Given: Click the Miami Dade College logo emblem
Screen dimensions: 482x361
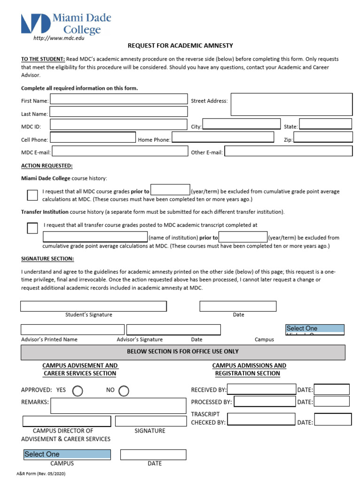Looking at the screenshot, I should click(x=35, y=24).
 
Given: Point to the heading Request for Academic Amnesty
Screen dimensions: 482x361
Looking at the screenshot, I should click(x=180, y=46).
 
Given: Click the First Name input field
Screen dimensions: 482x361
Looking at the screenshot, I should click(x=118, y=100).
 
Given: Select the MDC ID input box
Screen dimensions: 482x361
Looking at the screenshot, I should click(x=118, y=125).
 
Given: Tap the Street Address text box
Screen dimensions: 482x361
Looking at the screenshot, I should click(x=291, y=104).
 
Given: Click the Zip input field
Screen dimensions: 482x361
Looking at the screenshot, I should click(x=323, y=137).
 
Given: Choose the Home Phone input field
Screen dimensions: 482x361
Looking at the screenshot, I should click(x=223, y=137).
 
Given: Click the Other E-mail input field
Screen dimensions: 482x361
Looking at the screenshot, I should click(x=288, y=151).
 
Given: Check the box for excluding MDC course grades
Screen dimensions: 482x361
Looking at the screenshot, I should click(x=32, y=195).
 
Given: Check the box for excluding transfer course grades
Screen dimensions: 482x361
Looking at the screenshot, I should click(x=32, y=228).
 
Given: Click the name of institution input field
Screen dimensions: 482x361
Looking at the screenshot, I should click(x=95, y=237).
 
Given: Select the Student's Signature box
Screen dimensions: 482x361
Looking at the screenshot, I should click(x=94, y=306).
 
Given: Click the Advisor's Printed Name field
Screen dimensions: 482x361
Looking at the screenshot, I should click(x=72, y=329).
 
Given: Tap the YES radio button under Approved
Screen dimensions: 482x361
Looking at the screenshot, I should click(x=77, y=391).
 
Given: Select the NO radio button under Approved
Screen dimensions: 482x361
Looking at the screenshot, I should click(x=124, y=391).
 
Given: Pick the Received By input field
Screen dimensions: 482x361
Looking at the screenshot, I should click(x=261, y=389).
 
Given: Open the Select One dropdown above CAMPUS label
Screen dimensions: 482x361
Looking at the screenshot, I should click(x=67, y=454).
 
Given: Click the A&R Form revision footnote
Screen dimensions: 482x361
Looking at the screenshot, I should click(x=41, y=474).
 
